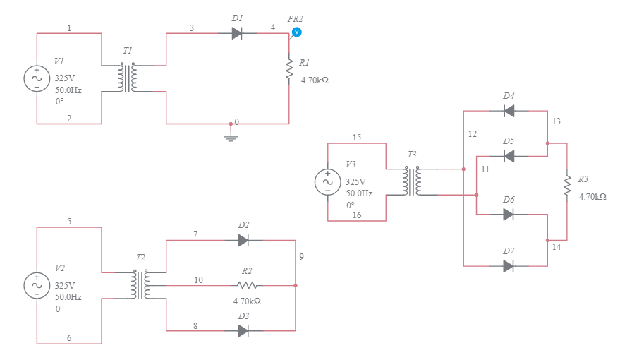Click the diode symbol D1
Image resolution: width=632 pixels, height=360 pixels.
[237, 33]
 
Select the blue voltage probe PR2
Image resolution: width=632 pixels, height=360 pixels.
[296, 32]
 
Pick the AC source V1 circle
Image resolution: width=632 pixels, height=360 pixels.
[37, 78]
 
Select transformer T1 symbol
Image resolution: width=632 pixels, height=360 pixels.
[128, 78]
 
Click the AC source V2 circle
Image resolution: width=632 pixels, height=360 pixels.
[37, 285]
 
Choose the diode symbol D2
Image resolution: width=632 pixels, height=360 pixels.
[243, 240]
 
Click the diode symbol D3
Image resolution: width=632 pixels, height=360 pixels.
[243, 330]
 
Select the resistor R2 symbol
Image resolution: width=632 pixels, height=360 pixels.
[247, 285]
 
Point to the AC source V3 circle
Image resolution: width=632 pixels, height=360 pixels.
[327, 181]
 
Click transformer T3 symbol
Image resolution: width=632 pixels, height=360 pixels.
[412, 181]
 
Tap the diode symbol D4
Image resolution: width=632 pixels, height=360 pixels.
[509, 111]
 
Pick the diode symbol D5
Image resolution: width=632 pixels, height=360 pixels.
[509, 156]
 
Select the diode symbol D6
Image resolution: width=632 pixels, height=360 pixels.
[509, 214]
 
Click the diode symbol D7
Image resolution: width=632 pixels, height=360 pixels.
[509, 266]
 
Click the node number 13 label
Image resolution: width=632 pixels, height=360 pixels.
[557, 121]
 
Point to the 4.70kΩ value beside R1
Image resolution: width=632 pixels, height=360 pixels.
[315, 80]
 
